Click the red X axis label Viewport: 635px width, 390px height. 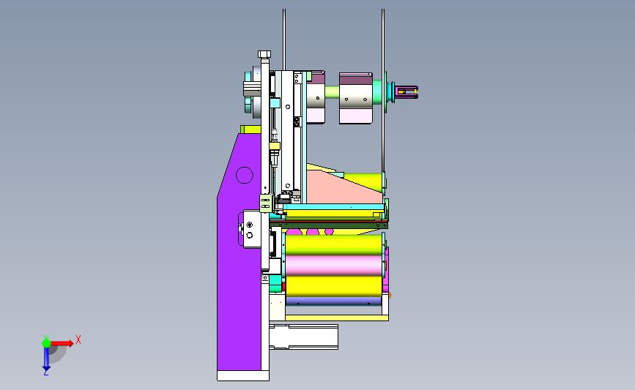pos(78,340)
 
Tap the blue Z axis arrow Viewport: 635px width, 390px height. pos(46,359)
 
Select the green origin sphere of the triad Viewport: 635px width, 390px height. pos(46,343)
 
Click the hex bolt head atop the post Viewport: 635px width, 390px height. pos(264,54)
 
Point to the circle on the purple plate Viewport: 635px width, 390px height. pos(244,175)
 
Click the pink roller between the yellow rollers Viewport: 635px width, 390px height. pos(334,266)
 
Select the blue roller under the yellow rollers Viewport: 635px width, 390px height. pos(333,301)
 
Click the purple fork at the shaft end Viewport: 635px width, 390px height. pos(406,92)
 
